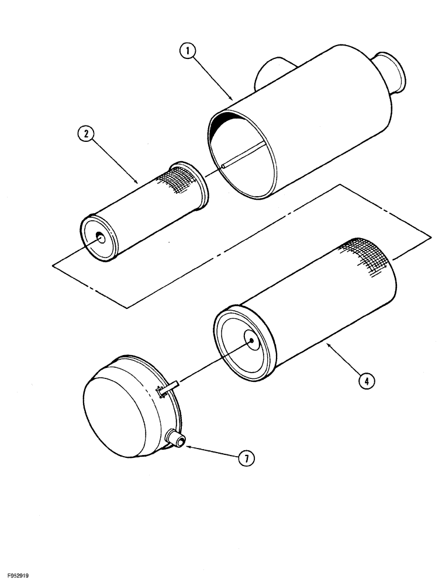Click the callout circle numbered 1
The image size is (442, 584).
(x=187, y=51)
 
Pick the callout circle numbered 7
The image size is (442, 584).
(x=246, y=458)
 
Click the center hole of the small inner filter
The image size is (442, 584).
(x=101, y=237)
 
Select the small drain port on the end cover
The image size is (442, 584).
(x=175, y=437)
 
